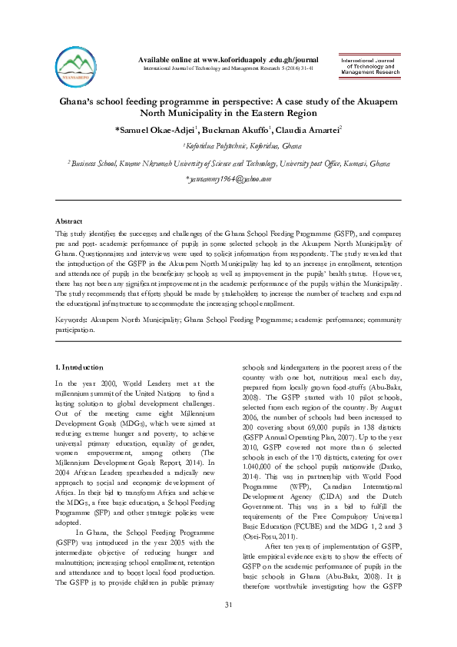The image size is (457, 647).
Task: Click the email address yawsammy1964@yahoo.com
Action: click(x=229, y=179)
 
